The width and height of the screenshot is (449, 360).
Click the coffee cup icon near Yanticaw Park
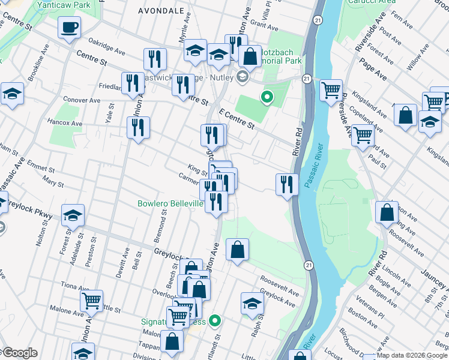[70, 27]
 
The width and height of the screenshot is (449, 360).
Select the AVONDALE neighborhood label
[161, 11]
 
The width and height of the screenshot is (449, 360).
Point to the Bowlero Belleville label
[170, 203]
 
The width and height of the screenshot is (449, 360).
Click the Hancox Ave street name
[64, 122]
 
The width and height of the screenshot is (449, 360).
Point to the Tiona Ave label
[73, 286]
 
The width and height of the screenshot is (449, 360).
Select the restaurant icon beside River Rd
[287, 184]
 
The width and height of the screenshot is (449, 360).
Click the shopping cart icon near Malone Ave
[91, 300]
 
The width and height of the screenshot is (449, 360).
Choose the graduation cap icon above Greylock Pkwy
[73, 214]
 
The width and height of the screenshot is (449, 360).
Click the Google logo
[20, 353]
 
